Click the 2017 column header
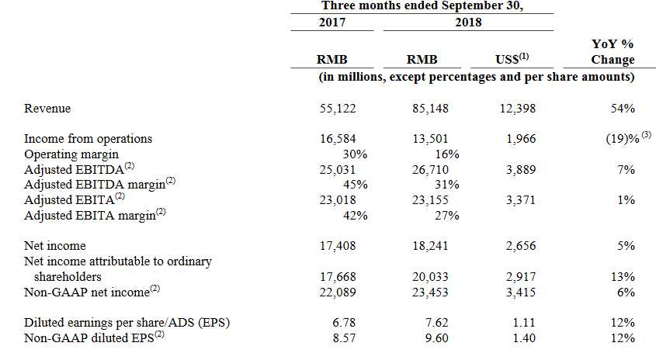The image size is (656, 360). tap(332, 22)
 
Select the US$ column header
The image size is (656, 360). tap(512, 60)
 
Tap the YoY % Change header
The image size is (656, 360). tap(613, 53)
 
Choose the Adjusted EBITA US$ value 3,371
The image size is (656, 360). tap(519, 200)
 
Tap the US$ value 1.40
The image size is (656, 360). tap(525, 337)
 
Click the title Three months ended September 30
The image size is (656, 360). tap(422, 5)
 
